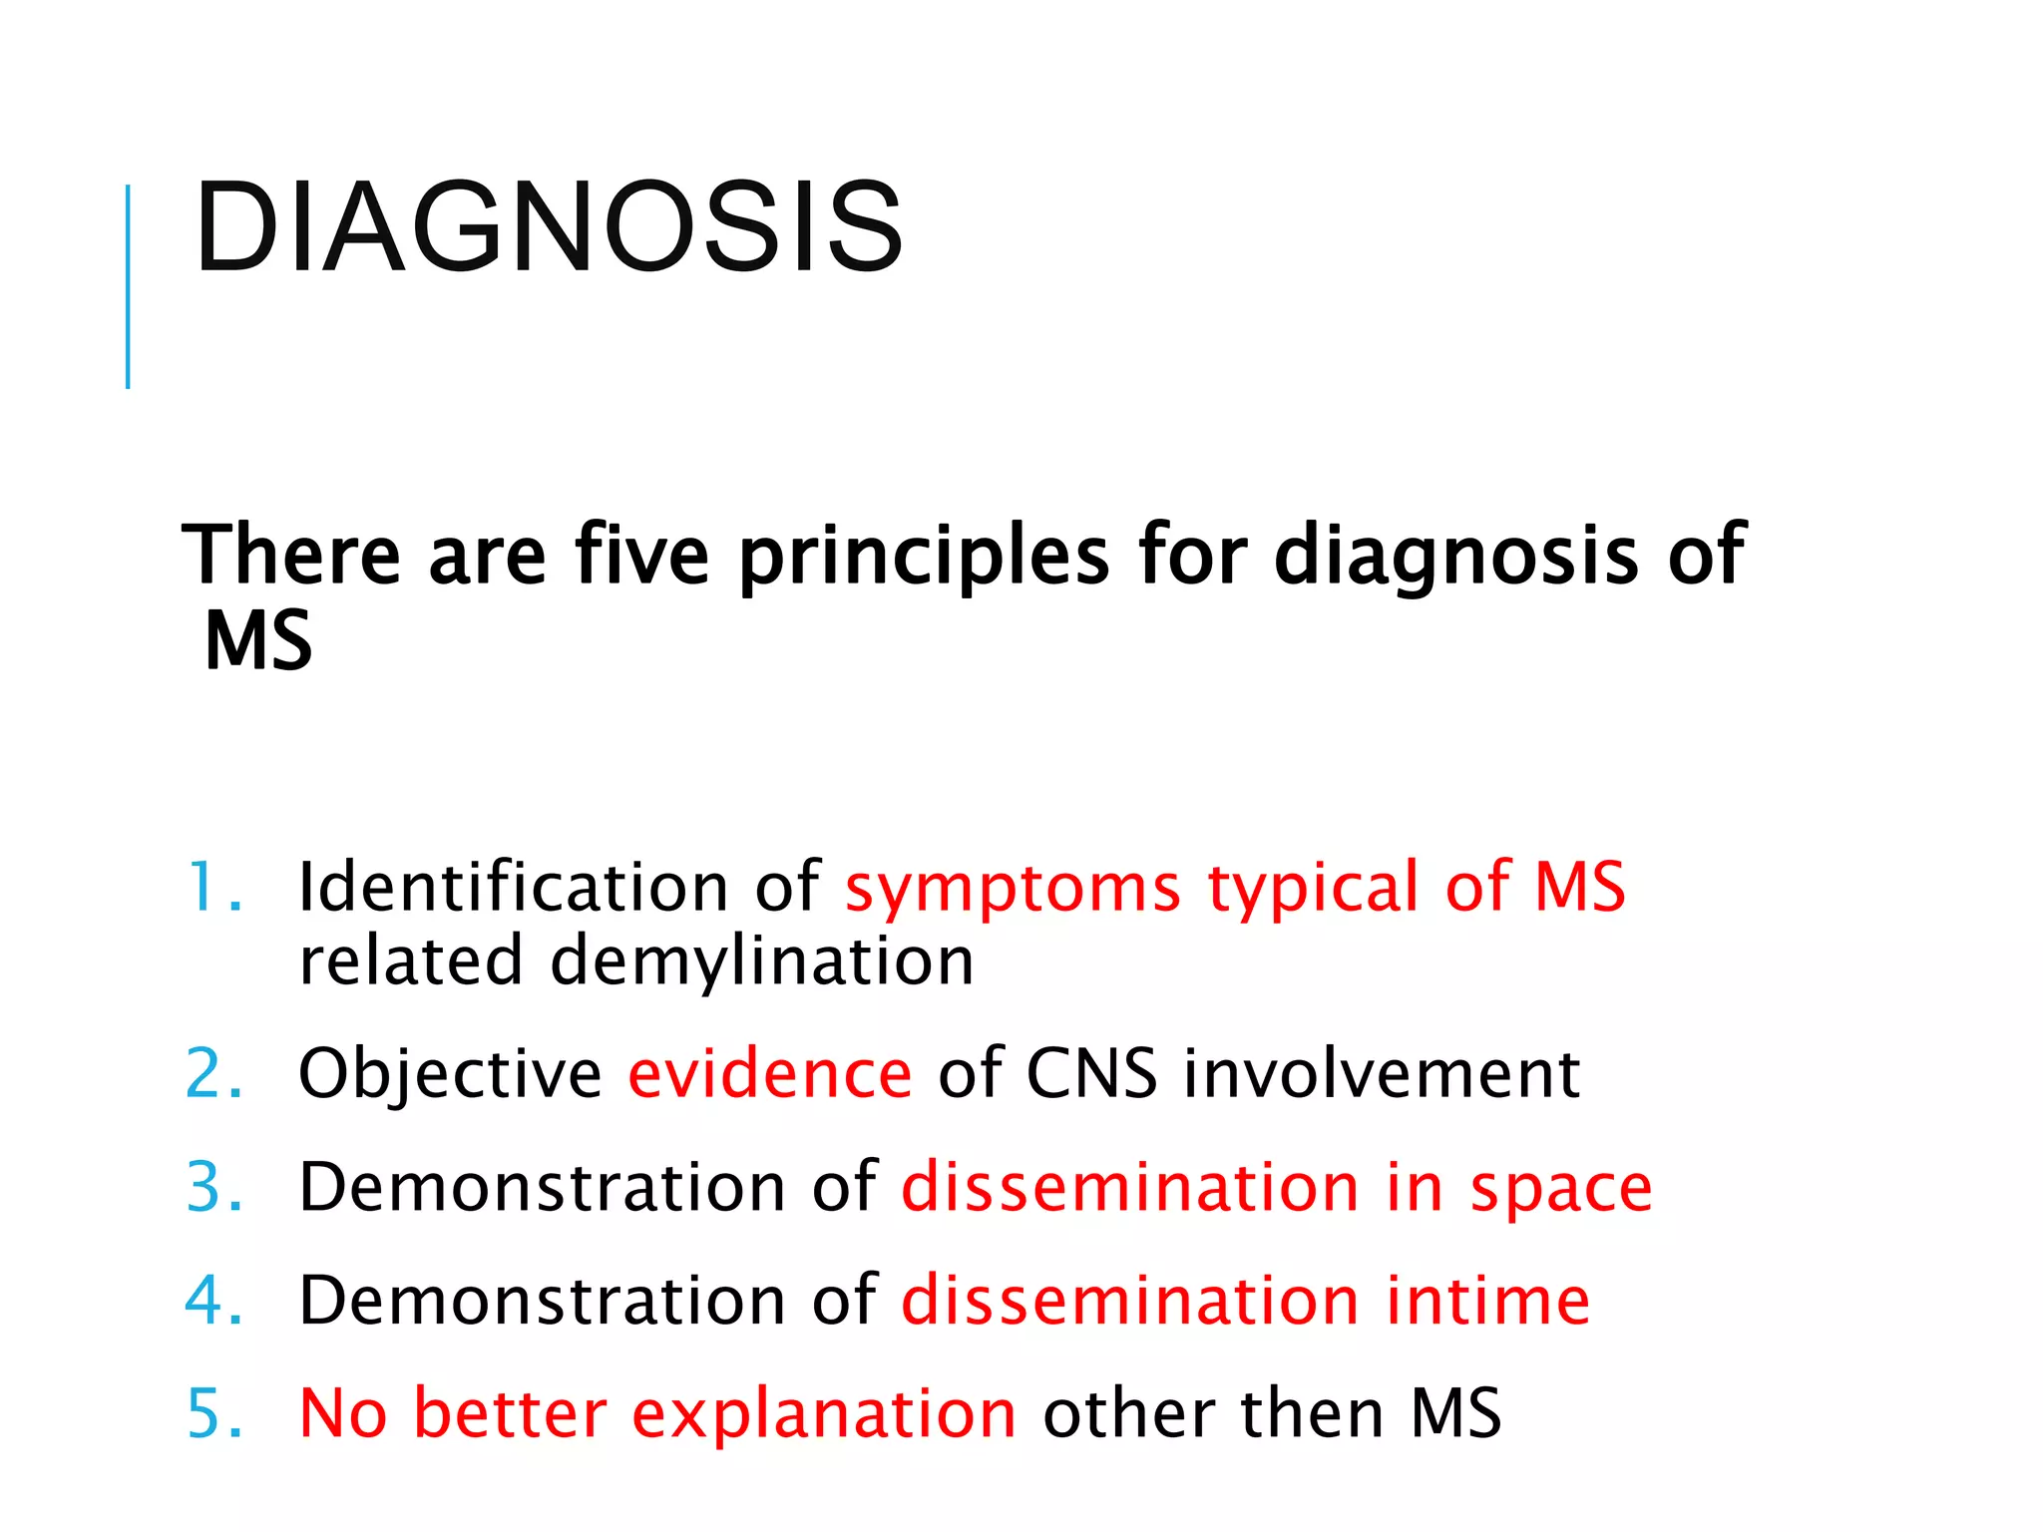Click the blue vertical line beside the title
pyautogui.click(x=128, y=286)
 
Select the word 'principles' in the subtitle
pyautogui.click(x=923, y=557)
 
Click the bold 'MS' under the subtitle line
pyautogui.click(x=258, y=641)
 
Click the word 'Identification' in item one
pyautogui.click(x=514, y=887)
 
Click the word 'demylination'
pyautogui.click(x=761, y=961)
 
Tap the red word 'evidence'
pyautogui.click(x=769, y=1074)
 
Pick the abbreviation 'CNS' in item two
pyautogui.click(x=1091, y=1074)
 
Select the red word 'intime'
pyautogui.click(x=1487, y=1301)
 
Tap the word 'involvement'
pyautogui.click(x=1382, y=1074)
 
